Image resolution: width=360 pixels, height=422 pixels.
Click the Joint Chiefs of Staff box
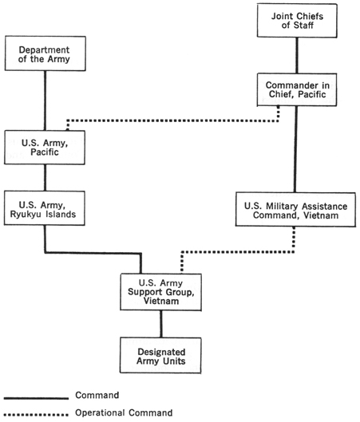point(296,20)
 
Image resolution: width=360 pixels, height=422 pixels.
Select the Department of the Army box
point(44,55)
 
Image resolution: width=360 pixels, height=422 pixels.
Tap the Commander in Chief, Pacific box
point(296,92)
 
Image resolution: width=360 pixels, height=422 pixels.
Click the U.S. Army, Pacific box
point(44,148)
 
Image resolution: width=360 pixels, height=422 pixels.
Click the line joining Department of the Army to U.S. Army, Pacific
point(44,101)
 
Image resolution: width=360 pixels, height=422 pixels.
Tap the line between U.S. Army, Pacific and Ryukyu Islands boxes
point(44,176)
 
